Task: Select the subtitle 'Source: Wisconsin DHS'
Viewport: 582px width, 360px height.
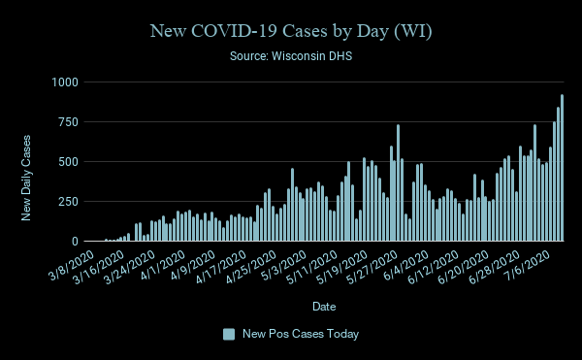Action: [291, 57]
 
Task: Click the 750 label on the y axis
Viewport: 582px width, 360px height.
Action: [66, 121]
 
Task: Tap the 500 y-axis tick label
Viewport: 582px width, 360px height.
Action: [66, 161]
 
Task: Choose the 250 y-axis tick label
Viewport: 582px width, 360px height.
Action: [66, 201]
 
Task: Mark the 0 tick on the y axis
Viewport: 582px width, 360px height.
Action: [74, 241]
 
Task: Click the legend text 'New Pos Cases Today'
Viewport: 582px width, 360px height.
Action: [301, 334]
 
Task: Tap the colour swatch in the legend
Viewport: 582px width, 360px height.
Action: [229, 334]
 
